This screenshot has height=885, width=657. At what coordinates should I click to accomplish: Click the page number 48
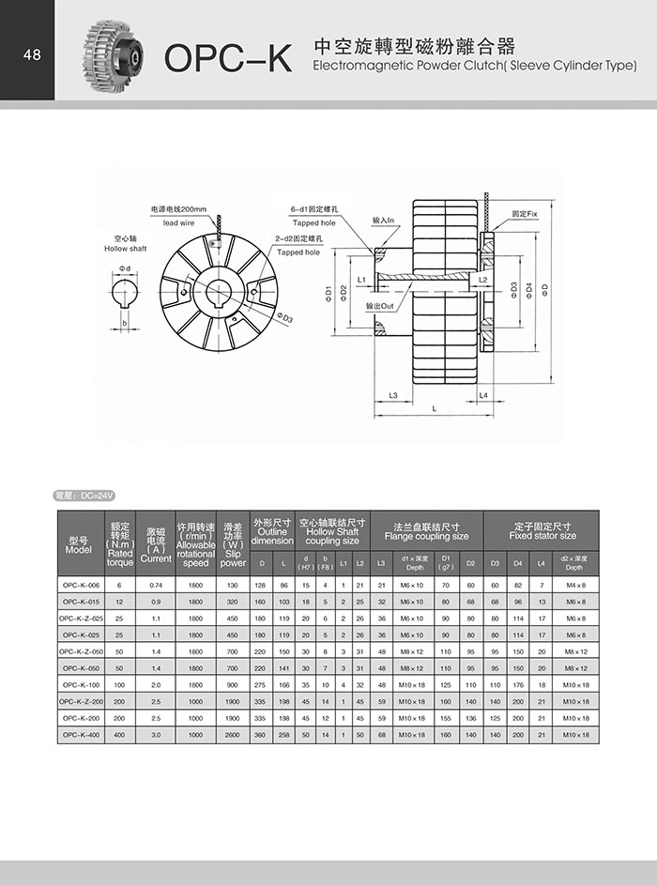(x=31, y=54)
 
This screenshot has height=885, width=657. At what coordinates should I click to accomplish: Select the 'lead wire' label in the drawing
(x=178, y=223)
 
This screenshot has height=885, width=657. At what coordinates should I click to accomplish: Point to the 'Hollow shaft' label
(x=125, y=249)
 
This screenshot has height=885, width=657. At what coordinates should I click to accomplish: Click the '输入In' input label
(x=385, y=221)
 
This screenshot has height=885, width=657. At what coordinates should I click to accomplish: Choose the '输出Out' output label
(x=380, y=307)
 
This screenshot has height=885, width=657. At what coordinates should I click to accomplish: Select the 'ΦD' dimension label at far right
(x=544, y=286)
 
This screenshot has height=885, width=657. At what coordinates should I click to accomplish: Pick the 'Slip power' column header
(x=233, y=544)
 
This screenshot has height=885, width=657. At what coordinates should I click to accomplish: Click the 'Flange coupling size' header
(x=426, y=532)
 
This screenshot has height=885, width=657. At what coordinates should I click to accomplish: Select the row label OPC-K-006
(x=81, y=585)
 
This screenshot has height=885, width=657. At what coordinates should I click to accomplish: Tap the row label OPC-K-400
(x=81, y=734)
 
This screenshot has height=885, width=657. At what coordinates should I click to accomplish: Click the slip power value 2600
(x=233, y=734)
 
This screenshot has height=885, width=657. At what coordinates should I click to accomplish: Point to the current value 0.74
(x=156, y=585)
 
